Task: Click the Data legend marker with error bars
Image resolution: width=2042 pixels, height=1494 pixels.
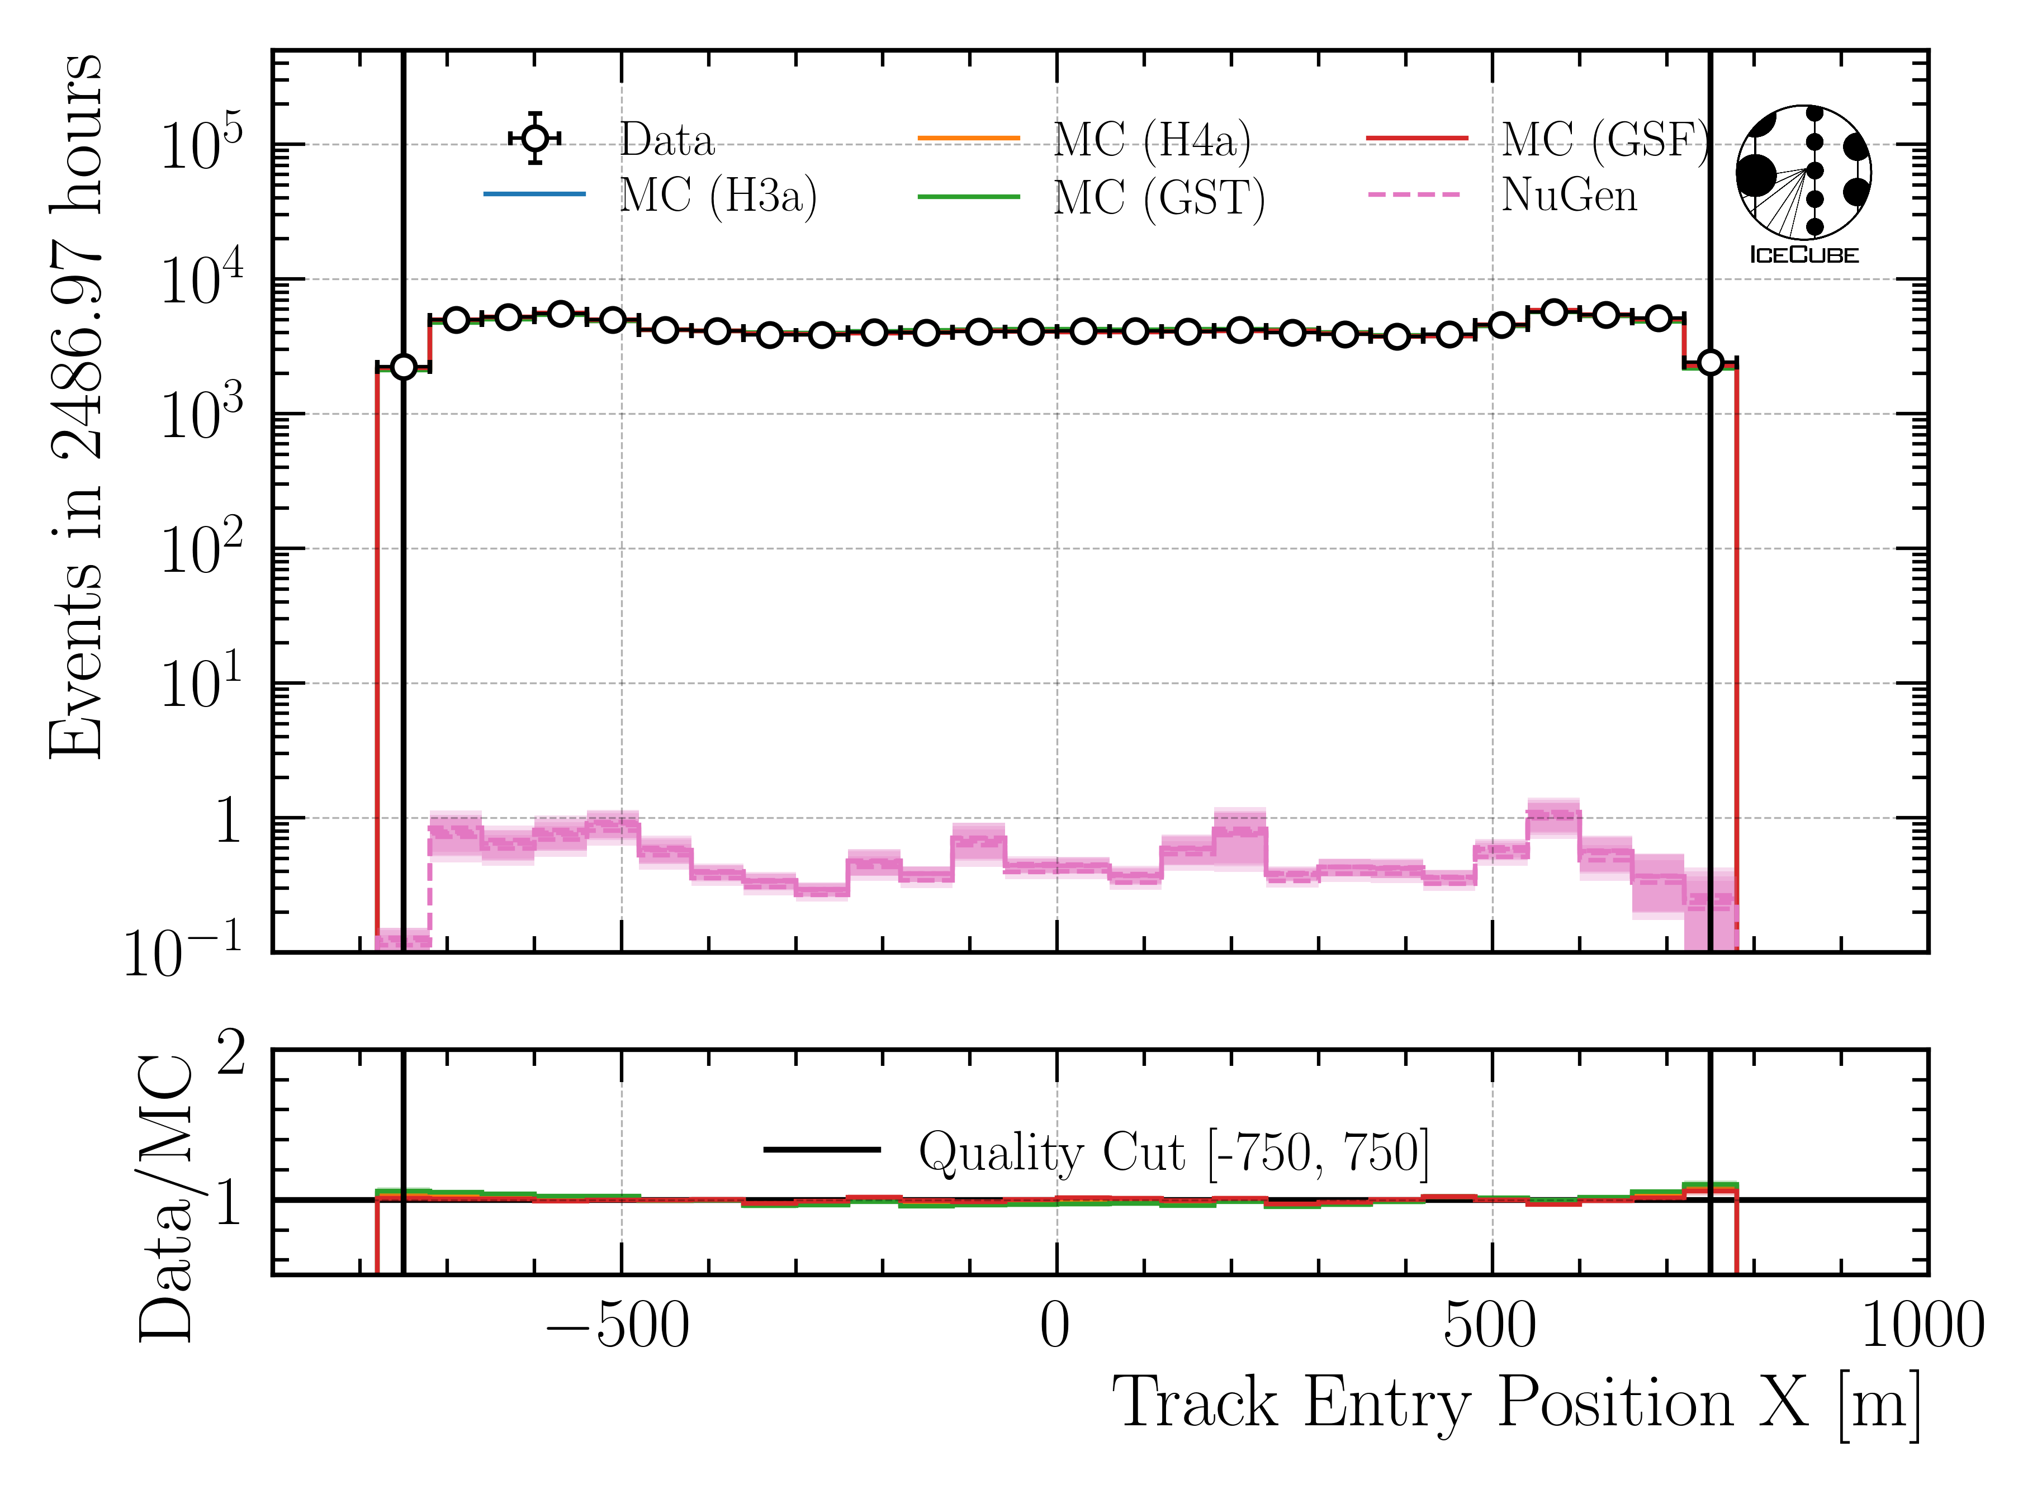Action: tap(536, 139)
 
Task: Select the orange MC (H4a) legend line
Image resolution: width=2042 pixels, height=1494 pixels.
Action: tap(969, 139)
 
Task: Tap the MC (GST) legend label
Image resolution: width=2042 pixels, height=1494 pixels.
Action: tap(1158, 198)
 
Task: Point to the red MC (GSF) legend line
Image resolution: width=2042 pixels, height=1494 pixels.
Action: tap(1417, 139)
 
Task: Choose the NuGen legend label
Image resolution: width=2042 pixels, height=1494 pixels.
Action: tap(1569, 195)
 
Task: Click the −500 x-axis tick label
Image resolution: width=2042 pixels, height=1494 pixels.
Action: tap(618, 1327)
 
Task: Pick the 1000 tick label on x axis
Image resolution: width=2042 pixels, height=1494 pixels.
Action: tap(1922, 1327)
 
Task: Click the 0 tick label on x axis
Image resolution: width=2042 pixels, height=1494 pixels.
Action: tap(1055, 1327)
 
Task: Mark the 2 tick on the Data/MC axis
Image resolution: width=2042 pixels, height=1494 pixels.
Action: tap(231, 1055)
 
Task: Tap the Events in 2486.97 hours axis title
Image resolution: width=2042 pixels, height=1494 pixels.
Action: tap(77, 407)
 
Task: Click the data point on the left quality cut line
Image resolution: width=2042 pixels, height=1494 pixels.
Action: tap(404, 366)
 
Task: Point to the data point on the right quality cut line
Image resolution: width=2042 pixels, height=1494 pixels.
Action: tap(1710, 363)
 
